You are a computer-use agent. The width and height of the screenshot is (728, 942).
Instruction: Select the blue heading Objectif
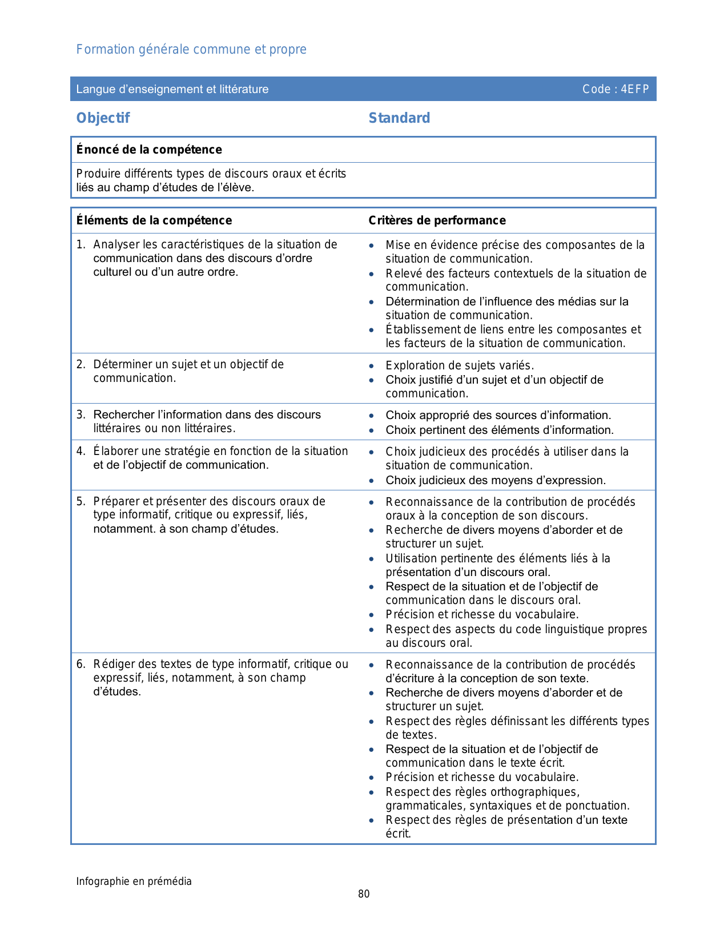(103, 118)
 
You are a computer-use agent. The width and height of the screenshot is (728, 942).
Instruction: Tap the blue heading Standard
(399, 118)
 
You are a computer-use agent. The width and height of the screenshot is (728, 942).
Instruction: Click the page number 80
(364, 894)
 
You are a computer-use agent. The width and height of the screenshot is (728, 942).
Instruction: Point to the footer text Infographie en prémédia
(134, 881)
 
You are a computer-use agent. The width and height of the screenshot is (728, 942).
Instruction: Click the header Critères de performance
(437, 220)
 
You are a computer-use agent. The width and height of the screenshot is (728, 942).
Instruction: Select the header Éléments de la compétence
(154, 220)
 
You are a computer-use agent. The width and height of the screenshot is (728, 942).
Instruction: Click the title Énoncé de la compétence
(149, 150)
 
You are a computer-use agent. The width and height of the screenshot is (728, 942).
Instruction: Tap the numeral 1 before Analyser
(80, 244)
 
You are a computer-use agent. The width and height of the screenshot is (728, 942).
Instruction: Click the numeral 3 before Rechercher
(81, 414)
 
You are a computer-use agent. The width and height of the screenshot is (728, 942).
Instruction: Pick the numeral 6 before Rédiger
(81, 664)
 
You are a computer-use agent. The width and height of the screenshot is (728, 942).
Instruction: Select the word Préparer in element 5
(116, 501)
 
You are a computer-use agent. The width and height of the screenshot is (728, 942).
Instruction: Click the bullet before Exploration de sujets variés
(372, 366)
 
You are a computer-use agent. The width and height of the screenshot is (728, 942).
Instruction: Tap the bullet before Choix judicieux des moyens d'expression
(372, 481)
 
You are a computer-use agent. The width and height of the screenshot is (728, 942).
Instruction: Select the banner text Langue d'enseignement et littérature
(172, 89)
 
